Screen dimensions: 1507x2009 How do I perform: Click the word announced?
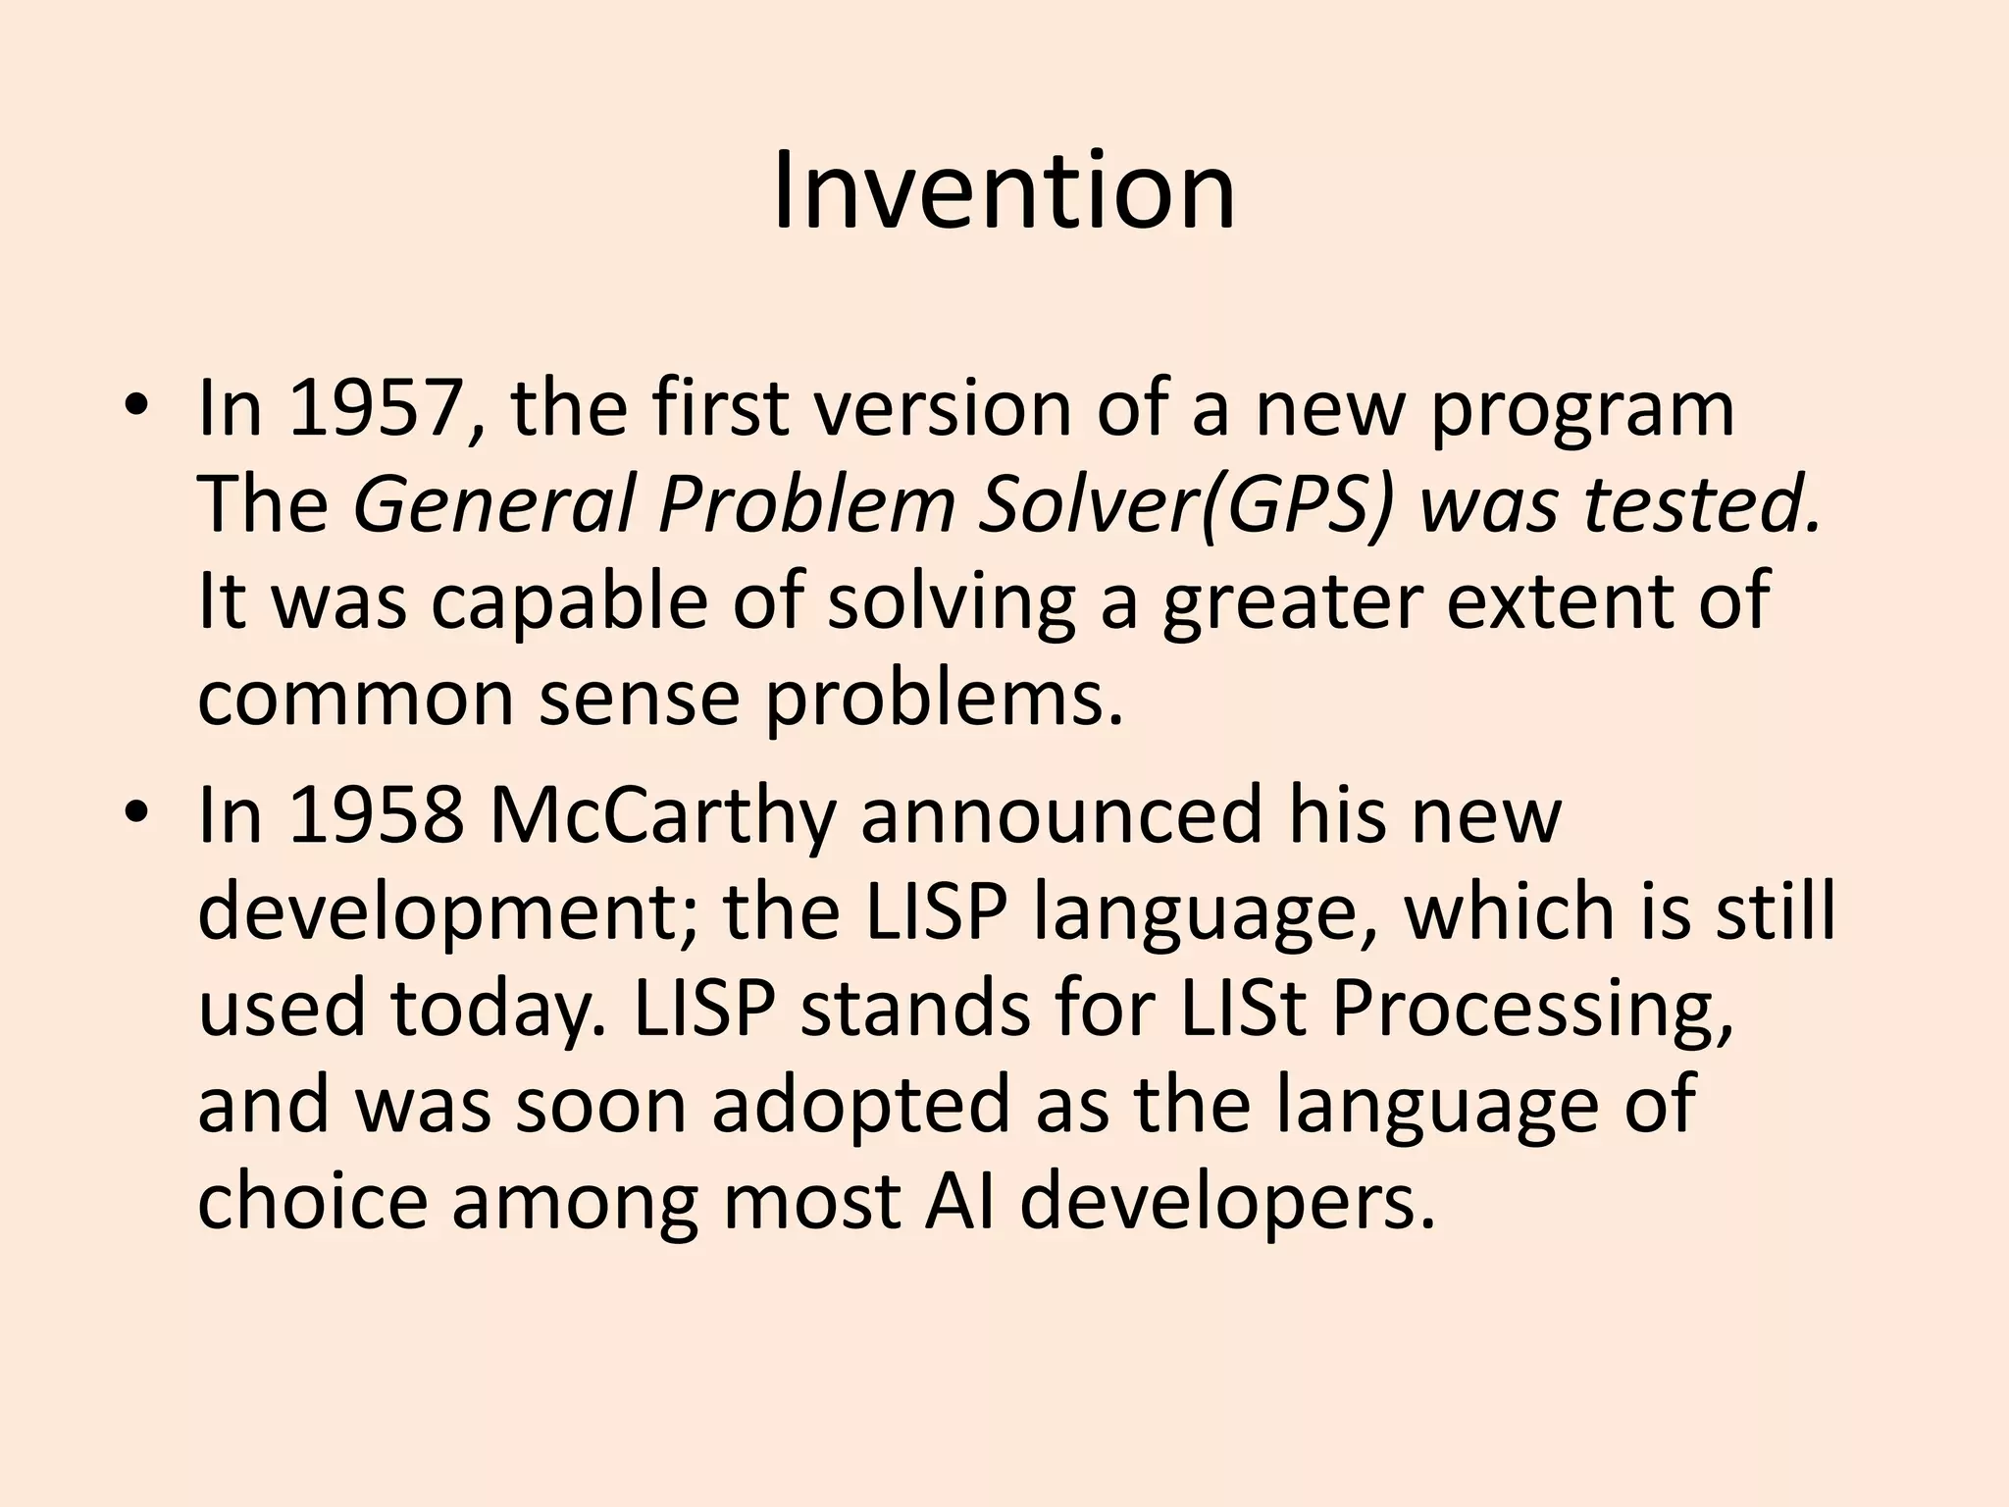(x=1059, y=816)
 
